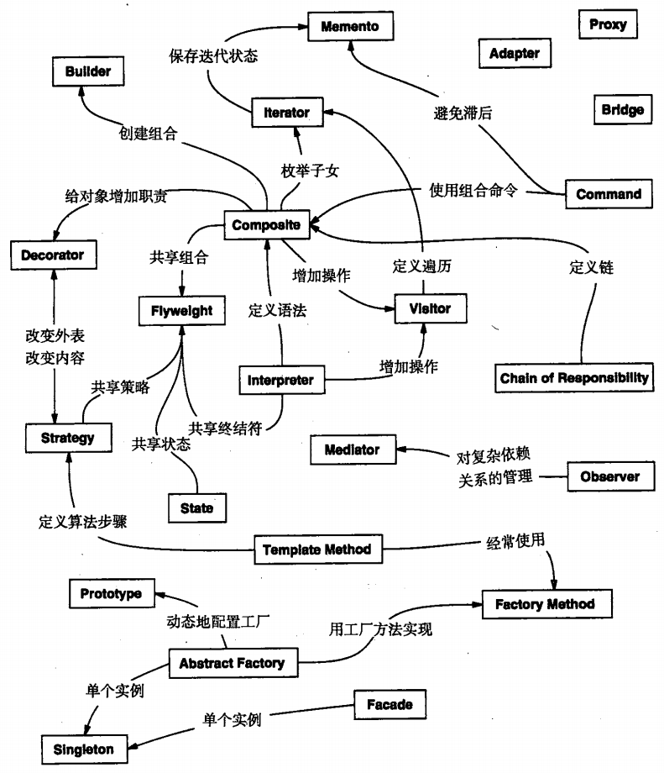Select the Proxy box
(x=608, y=24)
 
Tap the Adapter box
(x=515, y=54)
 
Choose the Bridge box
(x=623, y=109)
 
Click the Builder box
(x=87, y=72)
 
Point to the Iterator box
(x=286, y=113)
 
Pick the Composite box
(x=266, y=225)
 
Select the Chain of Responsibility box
(x=574, y=378)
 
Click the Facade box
(x=390, y=704)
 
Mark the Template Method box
(x=316, y=550)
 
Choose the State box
(x=196, y=508)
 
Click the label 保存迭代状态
(x=213, y=57)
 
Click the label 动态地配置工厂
(x=217, y=623)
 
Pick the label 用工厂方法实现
(x=380, y=628)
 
